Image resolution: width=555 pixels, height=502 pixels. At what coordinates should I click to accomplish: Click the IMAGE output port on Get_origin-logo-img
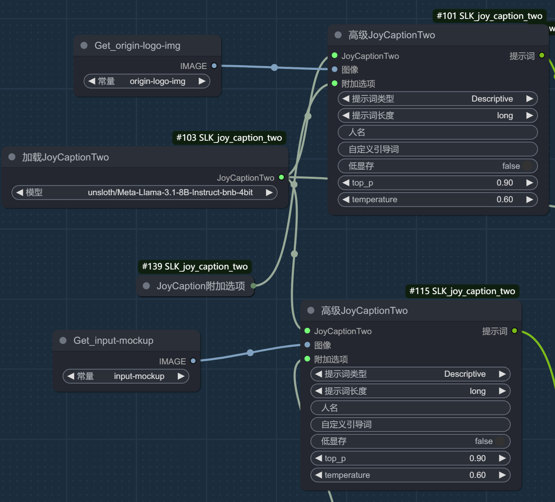(x=214, y=66)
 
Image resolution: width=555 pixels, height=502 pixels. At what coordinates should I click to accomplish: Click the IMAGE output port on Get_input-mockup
(x=193, y=361)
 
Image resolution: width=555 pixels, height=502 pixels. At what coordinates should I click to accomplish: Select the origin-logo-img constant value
(x=158, y=81)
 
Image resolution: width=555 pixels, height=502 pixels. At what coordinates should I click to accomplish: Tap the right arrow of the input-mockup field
(x=181, y=376)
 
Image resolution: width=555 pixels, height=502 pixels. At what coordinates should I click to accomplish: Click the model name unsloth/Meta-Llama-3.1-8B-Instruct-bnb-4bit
(x=170, y=192)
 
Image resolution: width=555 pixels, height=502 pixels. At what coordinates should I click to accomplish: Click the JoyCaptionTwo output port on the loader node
(x=281, y=177)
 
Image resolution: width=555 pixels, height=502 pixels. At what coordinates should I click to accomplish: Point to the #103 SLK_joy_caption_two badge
(x=229, y=138)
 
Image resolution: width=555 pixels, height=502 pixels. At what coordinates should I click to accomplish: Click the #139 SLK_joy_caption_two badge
(x=195, y=266)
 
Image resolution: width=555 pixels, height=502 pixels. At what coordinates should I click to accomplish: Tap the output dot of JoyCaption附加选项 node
(x=253, y=286)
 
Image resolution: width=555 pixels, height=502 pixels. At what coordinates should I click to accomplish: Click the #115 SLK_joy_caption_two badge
(x=462, y=291)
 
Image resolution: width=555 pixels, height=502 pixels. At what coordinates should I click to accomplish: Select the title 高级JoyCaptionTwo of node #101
(x=392, y=35)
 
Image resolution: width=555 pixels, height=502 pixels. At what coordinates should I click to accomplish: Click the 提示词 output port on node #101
(x=542, y=55)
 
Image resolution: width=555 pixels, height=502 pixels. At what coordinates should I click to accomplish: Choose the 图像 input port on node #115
(x=307, y=345)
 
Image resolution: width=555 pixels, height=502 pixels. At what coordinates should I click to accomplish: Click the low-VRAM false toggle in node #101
(x=527, y=166)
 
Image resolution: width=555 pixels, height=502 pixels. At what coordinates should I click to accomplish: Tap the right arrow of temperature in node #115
(x=502, y=475)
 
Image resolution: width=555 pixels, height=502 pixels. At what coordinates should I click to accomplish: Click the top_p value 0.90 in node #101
(x=505, y=183)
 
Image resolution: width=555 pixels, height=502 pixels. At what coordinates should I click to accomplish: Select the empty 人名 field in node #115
(x=410, y=408)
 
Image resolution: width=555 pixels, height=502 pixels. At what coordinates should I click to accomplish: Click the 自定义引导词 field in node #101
(x=438, y=149)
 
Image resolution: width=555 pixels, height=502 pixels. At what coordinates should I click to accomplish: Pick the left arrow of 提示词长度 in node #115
(x=319, y=391)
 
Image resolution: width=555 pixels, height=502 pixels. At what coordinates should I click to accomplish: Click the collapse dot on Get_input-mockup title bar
(x=63, y=341)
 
